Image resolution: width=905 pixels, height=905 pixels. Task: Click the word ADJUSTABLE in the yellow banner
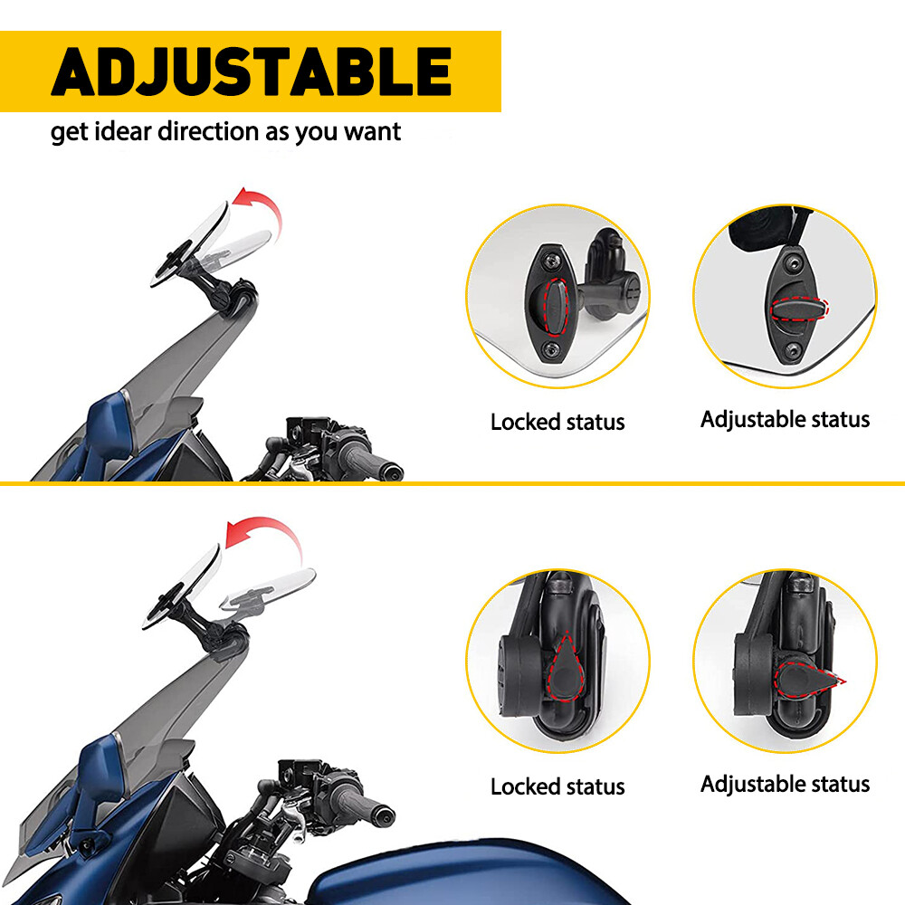(251, 72)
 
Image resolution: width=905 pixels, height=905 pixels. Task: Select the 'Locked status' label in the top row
(557, 422)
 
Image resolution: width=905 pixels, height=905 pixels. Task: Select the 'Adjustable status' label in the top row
(785, 419)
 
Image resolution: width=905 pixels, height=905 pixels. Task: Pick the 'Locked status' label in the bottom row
(557, 786)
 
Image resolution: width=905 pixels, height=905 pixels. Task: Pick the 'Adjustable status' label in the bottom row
(785, 784)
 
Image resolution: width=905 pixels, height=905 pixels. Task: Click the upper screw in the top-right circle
(793, 262)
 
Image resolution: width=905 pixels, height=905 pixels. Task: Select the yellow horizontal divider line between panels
(452, 483)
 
